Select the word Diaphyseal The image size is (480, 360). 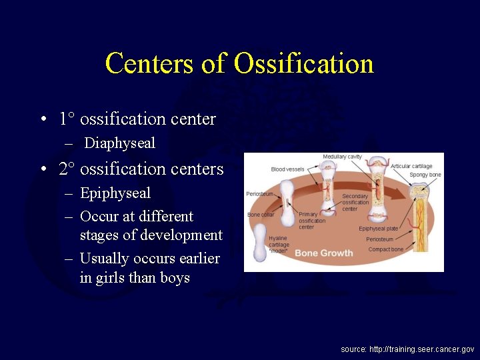coord(120,143)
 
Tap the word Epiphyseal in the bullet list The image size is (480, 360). coord(115,193)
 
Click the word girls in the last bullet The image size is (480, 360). coord(107,277)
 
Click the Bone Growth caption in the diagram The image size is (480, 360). coord(324,253)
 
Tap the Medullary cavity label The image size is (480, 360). coord(342,157)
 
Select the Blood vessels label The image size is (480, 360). coord(287,169)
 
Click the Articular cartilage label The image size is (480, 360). coord(411,166)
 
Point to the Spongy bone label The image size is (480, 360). coord(425,175)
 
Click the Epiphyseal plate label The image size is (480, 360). coord(379,229)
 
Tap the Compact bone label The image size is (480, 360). coord(386,249)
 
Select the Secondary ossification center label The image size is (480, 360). coord(355,203)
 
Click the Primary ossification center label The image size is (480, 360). coord(312,221)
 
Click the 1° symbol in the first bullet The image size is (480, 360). coord(66,119)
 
